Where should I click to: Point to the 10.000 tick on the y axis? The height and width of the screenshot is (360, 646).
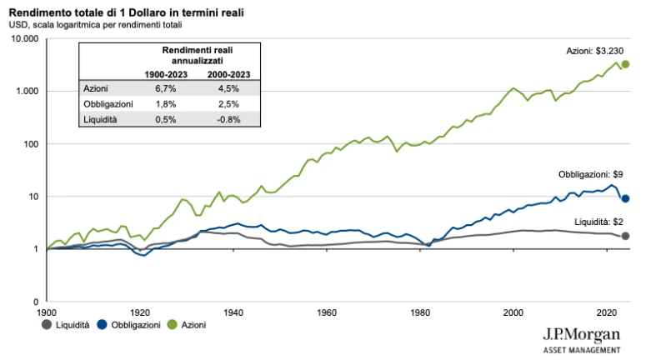25,38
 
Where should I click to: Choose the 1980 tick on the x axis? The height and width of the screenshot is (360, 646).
422,312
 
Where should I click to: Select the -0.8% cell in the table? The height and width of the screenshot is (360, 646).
228,119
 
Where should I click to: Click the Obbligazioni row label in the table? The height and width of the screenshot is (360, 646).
107,103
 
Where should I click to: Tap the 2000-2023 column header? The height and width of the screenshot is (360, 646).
228,73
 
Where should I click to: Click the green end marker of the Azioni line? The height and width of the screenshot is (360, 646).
625,64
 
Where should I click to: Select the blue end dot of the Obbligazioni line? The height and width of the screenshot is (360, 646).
625,198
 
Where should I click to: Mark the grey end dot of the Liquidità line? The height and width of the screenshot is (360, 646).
625,237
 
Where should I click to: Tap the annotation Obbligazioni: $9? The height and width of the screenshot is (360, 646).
591,175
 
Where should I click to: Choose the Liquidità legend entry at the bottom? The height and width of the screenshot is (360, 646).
65,325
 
